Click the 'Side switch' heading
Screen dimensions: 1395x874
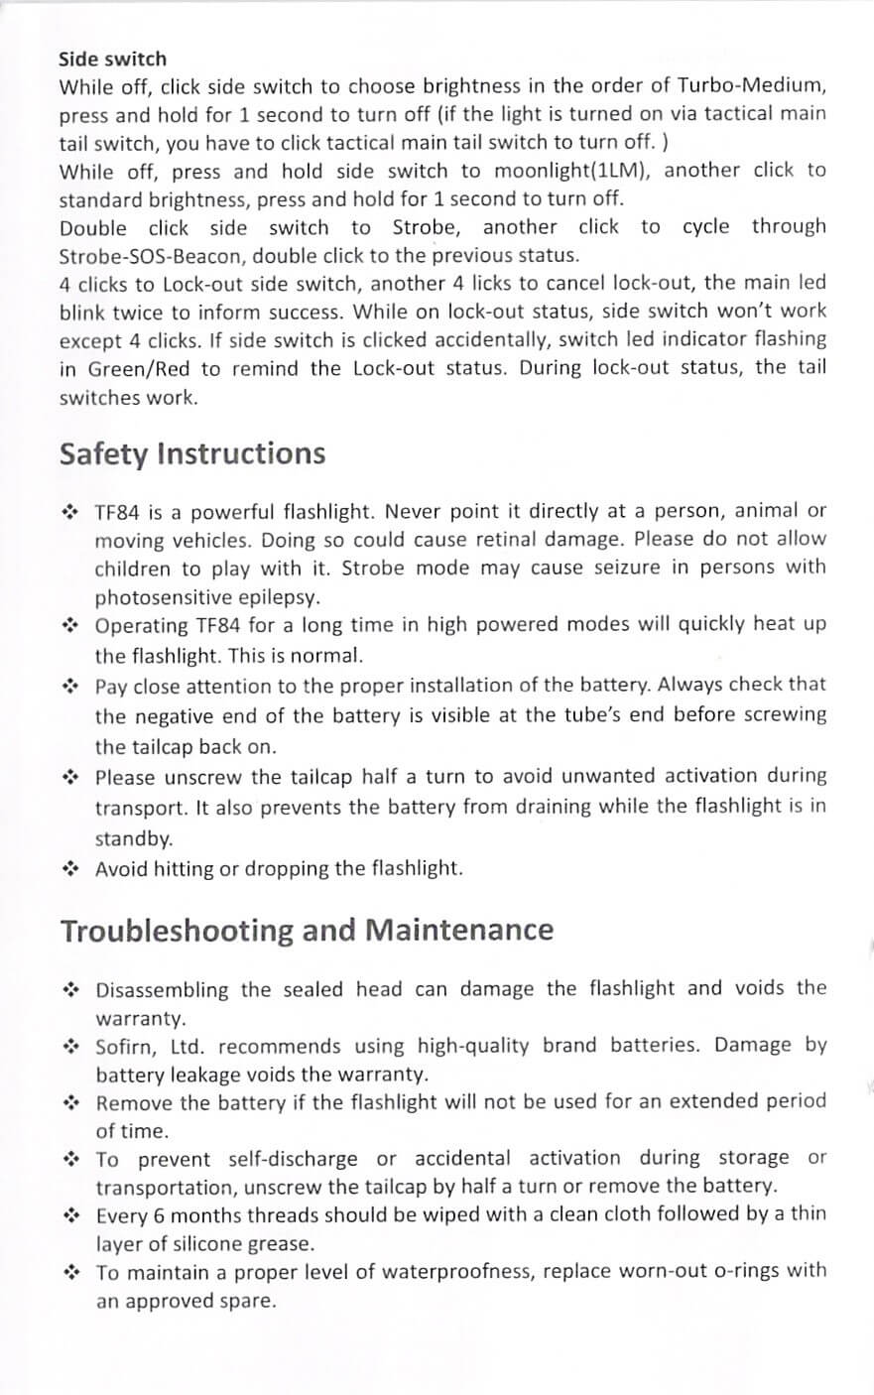point(112,60)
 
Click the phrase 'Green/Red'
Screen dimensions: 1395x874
point(137,369)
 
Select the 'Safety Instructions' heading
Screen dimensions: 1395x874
point(192,453)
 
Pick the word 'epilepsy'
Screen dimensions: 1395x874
point(280,597)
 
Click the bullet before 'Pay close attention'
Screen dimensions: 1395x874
point(70,686)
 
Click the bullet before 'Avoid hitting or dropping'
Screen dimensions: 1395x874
point(70,870)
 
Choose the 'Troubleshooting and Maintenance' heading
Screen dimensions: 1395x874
point(307,931)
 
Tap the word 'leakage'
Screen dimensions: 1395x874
point(205,1075)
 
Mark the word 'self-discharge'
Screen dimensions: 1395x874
point(293,1159)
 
